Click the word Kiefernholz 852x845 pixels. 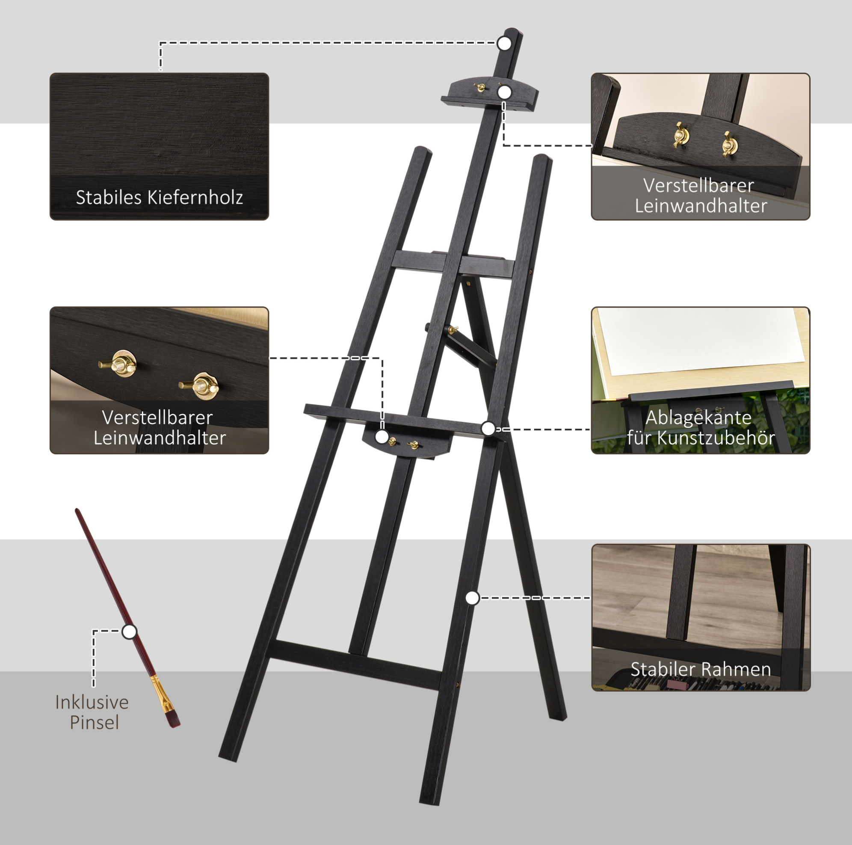tap(195, 197)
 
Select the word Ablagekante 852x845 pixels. tap(698, 417)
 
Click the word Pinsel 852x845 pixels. tap(95, 722)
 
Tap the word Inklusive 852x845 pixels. tap(92, 702)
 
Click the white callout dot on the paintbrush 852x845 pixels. tap(129, 632)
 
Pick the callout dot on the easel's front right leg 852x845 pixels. tap(472, 598)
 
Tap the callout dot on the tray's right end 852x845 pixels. tap(488, 428)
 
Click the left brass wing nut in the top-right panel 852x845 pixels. tap(680, 134)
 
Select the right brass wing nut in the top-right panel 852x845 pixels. tap(729, 143)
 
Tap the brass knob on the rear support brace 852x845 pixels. tap(453, 329)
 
